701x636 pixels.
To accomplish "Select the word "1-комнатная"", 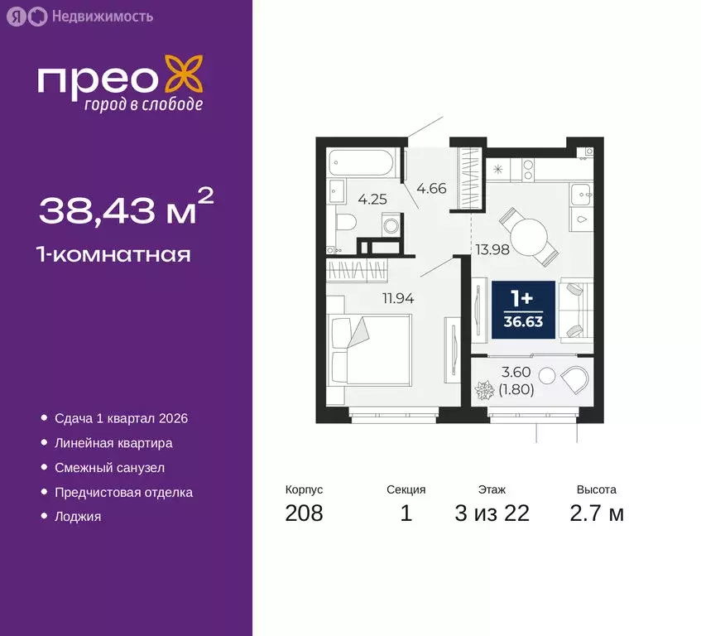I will [x=114, y=254].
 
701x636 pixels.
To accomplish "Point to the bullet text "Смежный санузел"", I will [x=109, y=468].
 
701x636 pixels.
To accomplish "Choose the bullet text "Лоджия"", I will [x=78, y=517].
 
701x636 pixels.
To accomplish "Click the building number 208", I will [x=304, y=513].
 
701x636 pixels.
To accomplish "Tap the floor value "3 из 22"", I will [x=492, y=513].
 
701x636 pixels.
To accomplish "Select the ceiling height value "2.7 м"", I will [x=596, y=513].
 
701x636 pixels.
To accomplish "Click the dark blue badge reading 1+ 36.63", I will [x=524, y=310].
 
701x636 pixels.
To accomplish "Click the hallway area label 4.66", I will [x=431, y=189].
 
